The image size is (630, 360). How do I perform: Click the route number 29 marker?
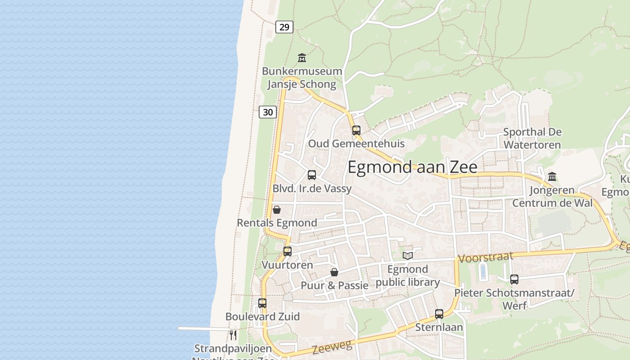pyautogui.click(x=284, y=27)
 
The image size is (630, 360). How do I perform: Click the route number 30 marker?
pyautogui.click(x=268, y=112)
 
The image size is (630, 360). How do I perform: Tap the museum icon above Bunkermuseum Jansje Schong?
pyautogui.click(x=302, y=58)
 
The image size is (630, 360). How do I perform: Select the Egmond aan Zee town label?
pyautogui.click(x=412, y=167)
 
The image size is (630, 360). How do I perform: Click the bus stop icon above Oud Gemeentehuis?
pyautogui.click(x=356, y=130)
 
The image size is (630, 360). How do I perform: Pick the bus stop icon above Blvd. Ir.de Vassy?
pyautogui.click(x=312, y=175)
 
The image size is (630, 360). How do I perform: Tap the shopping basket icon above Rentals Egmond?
pyautogui.click(x=277, y=210)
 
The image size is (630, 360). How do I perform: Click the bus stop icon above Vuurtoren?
pyautogui.click(x=288, y=252)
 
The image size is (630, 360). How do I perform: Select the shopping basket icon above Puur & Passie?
pyautogui.click(x=334, y=272)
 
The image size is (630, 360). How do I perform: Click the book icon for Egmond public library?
pyautogui.click(x=408, y=256)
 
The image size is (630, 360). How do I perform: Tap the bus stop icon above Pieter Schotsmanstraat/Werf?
pyautogui.click(x=514, y=279)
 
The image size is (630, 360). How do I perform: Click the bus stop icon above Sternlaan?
pyautogui.click(x=439, y=314)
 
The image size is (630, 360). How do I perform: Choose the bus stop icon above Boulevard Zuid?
pyautogui.click(x=262, y=303)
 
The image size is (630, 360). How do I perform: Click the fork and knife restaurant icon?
pyautogui.click(x=233, y=335)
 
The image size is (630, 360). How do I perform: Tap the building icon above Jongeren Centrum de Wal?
pyautogui.click(x=552, y=177)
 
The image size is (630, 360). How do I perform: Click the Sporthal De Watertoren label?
pyautogui.click(x=532, y=138)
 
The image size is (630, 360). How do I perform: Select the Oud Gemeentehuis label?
pyautogui.click(x=356, y=144)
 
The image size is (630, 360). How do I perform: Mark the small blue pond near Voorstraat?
pyautogui.click(x=483, y=271)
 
